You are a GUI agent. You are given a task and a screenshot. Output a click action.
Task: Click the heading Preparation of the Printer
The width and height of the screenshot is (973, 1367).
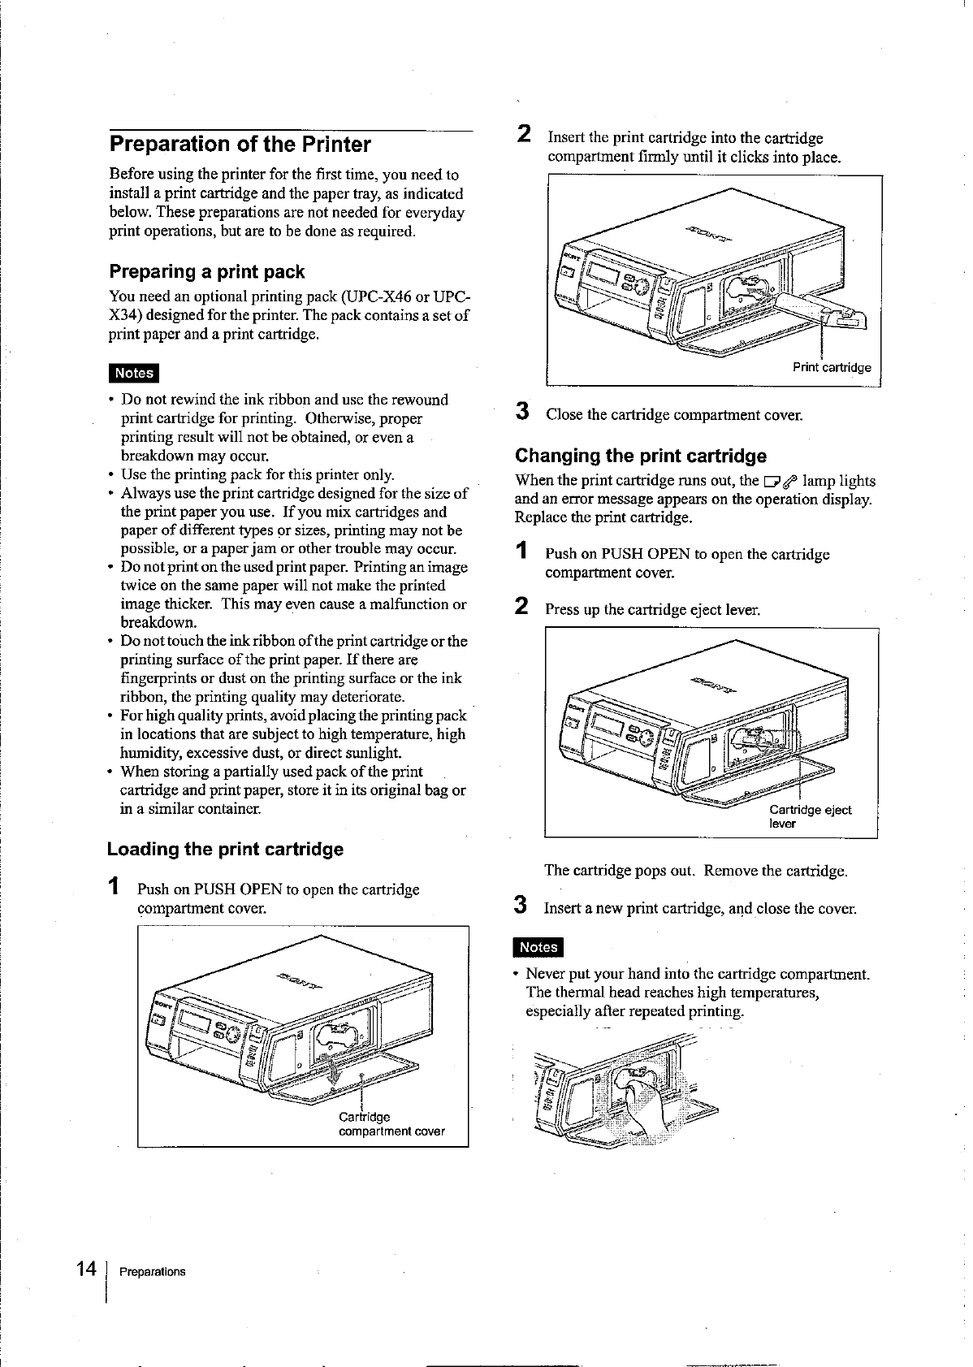click(x=240, y=145)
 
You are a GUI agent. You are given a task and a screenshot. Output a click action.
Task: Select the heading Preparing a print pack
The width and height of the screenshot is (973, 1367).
click(x=207, y=271)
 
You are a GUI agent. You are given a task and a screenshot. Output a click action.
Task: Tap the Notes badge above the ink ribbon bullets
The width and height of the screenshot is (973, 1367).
click(x=134, y=373)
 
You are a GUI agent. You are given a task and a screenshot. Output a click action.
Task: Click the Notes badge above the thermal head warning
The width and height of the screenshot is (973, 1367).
click(x=538, y=947)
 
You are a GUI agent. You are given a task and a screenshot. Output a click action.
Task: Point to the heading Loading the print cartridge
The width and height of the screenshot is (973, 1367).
click(x=226, y=850)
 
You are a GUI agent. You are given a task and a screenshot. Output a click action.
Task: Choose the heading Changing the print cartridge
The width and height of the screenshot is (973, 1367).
click(x=641, y=456)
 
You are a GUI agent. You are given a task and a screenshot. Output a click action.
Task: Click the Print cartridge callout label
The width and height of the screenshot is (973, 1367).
click(x=832, y=367)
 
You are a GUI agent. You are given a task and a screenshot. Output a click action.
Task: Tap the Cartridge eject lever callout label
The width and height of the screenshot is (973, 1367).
click(x=810, y=816)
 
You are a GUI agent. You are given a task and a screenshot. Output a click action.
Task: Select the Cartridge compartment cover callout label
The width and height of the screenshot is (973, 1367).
click(x=391, y=1124)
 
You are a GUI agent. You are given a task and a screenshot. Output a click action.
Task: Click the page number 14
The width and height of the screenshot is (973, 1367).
click(x=86, y=1270)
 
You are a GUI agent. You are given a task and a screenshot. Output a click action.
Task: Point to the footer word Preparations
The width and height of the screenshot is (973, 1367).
click(x=152, y=1272)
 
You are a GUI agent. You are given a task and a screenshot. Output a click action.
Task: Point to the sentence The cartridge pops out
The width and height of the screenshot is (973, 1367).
click(x=695, y=872)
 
